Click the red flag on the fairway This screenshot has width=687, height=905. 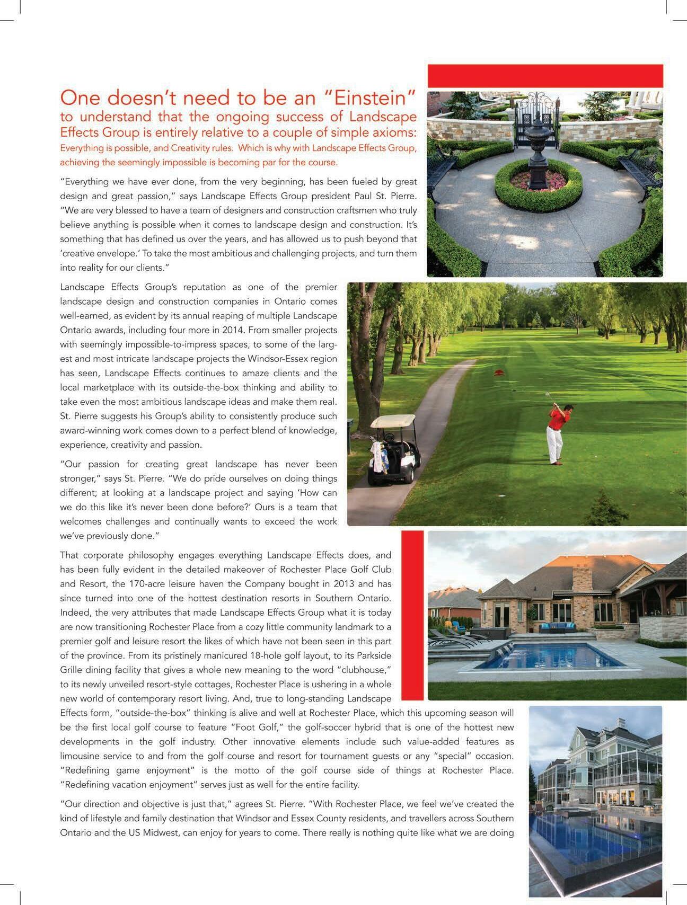click(x=498, y=373)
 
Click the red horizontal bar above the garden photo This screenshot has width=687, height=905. click(x=545, y=76)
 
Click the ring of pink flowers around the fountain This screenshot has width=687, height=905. click(x=539, y=180)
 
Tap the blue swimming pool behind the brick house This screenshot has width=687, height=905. click(x=551, y=656)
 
